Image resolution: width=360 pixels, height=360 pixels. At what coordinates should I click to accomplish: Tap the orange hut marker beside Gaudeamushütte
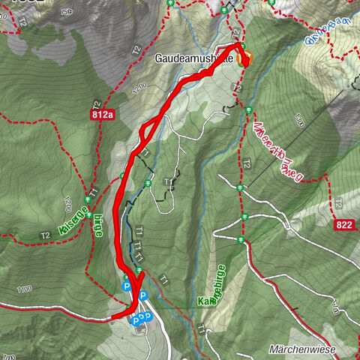tap(245, 59)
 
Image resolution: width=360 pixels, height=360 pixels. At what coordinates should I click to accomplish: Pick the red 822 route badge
tap(345, 224)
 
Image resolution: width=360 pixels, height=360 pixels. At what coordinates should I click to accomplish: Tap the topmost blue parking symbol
tap(127, 286)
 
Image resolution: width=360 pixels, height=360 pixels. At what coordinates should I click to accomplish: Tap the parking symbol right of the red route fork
tap(143, 295)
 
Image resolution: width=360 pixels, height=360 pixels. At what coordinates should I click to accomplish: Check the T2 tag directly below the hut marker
tap(237, 88)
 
